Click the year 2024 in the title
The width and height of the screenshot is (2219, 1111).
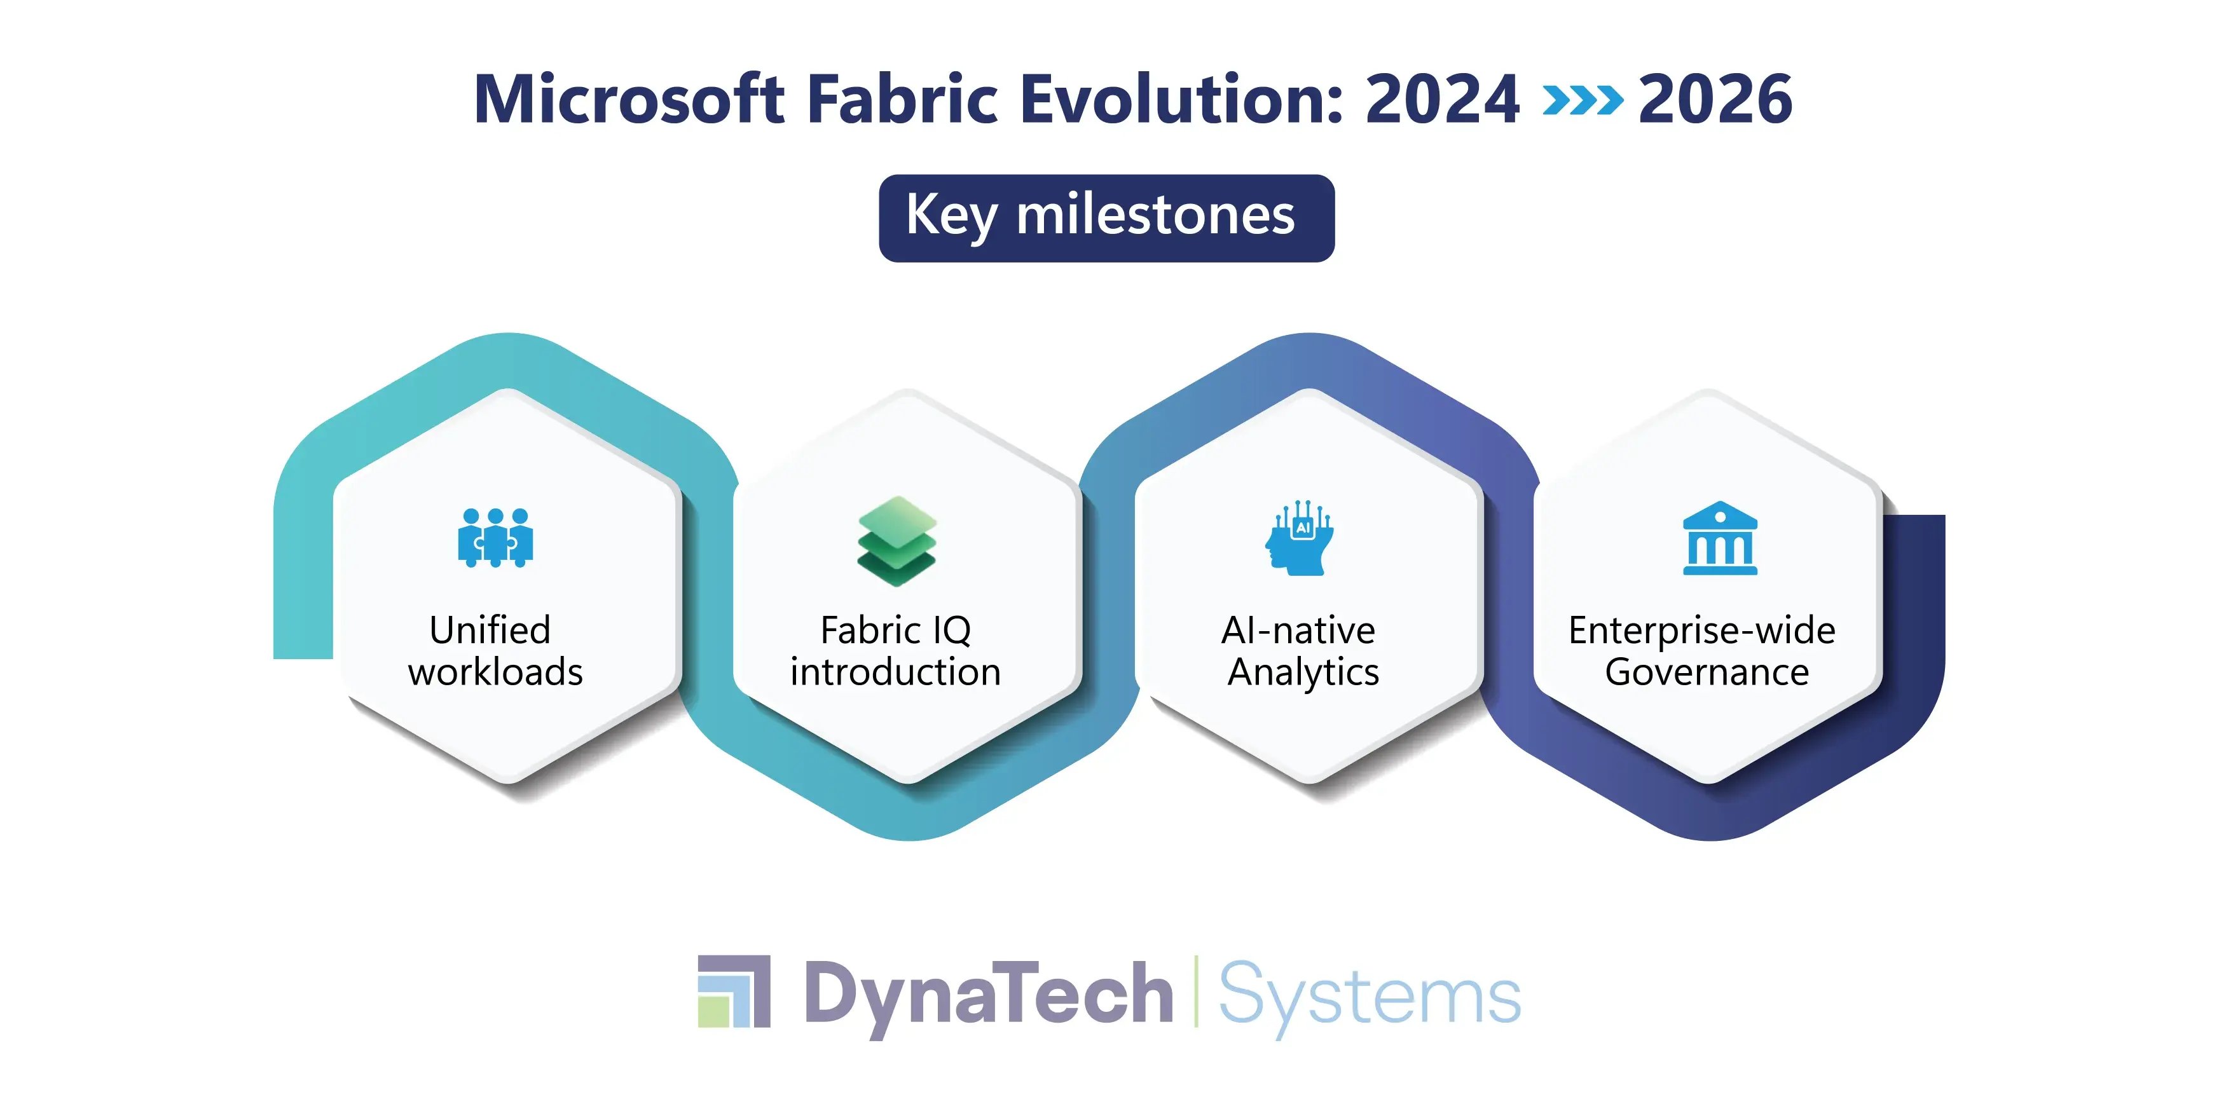click(1442, 99)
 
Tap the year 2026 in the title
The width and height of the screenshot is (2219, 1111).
click(1714, 99)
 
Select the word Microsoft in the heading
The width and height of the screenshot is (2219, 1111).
click(629, 99)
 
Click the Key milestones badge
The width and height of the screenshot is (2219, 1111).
click(1106, 218)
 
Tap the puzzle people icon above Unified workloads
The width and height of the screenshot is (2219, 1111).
click(495, 538)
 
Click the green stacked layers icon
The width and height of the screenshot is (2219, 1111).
click(896, 541)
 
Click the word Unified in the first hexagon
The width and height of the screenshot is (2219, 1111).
click(490, 630)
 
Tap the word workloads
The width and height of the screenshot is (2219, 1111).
click(495, 672)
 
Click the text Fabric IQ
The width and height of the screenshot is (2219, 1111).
click(895, 630)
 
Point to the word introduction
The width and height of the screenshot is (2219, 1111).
click(895, 672)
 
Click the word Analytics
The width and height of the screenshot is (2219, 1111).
click(1302, 672)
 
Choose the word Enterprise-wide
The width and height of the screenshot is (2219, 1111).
click(1701, 630)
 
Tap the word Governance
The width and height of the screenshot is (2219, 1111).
click(1707, 672)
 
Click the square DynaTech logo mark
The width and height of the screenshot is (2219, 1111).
click(734, 992)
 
